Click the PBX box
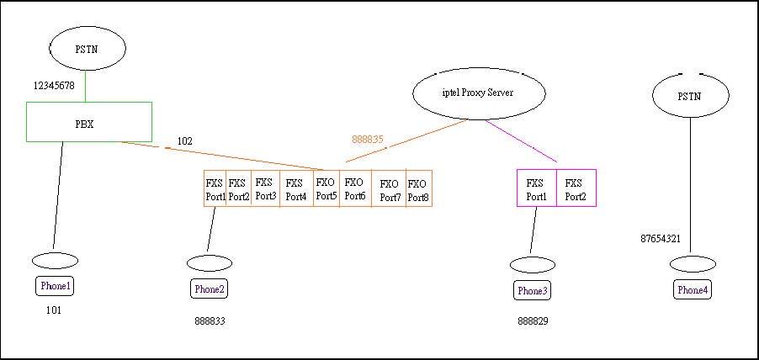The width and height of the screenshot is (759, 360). [89, 122]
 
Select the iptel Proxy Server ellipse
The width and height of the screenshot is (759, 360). [478, 93]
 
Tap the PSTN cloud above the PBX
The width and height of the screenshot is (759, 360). [87, 49]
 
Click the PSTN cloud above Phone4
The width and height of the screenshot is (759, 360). [690, 96]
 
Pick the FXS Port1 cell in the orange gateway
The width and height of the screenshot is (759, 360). [215, 189]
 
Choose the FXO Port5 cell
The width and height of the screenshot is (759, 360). [326, 189]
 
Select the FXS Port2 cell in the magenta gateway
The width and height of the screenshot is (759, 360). [576, 189]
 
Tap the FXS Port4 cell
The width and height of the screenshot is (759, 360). [295, 189]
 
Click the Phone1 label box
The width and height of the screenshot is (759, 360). [56, 286]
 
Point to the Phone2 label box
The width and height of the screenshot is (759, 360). [210, 289]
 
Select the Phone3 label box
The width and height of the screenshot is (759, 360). [532, 291]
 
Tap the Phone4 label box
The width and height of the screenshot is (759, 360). [693, 290]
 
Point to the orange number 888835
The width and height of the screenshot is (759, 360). [368, 140]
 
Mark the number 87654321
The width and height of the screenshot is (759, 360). [661, 239]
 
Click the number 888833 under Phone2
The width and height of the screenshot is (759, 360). [210, 321]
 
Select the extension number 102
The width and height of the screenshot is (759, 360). [184, 141]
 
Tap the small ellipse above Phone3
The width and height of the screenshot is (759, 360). [532, 265]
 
